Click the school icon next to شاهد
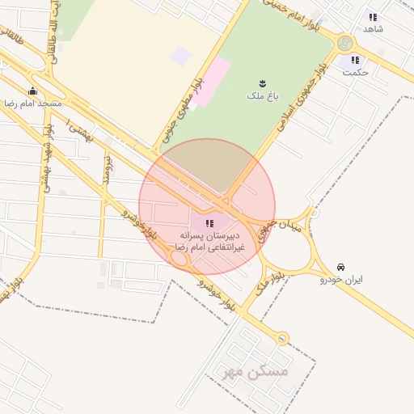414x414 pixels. [373, 16]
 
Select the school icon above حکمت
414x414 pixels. [354, 60]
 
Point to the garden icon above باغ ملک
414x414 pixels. [262, 82]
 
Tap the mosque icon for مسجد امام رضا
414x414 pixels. [32, 91]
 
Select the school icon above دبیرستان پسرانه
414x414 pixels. [209, 222]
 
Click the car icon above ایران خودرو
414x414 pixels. [340, 266]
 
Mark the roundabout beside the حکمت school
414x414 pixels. [345, 43]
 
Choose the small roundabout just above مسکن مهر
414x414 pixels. [281, 339]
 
